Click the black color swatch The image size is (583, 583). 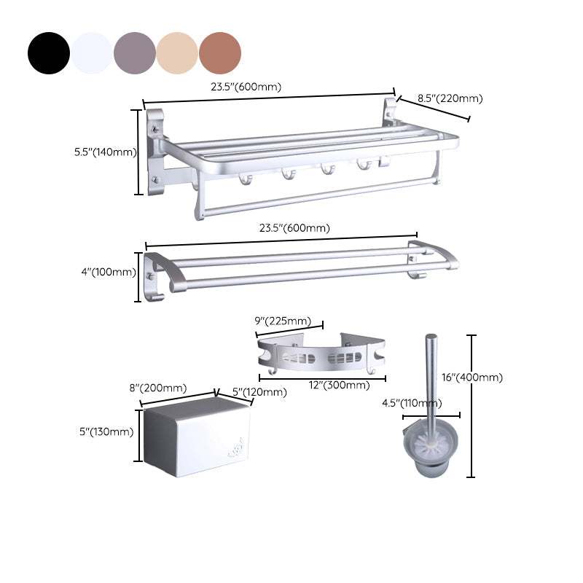(49, 52)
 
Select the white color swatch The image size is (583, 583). (92, 52)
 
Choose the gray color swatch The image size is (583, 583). (134, 52)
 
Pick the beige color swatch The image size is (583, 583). (177, 52)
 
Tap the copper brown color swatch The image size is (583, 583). (220, 52)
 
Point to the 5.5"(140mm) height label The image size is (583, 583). (106, 152)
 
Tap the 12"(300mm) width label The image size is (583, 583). (339, 385)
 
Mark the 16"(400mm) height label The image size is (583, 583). (472, 377)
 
